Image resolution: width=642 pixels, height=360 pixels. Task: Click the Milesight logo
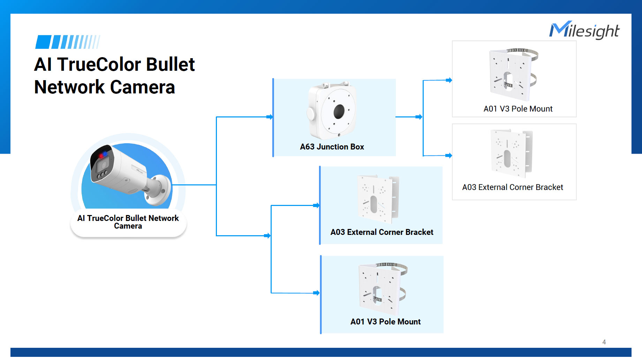click(584, 30)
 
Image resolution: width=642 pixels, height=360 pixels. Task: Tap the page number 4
click(604, 342)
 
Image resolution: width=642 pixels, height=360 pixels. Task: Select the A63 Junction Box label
click(332, 147)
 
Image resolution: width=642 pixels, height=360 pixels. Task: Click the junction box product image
click(332, 110)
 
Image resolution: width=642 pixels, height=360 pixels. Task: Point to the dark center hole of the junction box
click(339, 112)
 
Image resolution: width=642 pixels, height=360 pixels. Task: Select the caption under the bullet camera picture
click(128, 222)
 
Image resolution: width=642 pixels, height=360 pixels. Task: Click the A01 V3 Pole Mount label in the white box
click(518, 109)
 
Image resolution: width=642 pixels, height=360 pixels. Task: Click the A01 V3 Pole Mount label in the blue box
click(385, 322)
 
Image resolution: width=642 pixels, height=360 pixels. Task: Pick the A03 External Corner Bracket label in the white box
click(513, 187)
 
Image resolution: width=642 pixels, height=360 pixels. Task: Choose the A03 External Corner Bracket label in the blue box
click(382, 232)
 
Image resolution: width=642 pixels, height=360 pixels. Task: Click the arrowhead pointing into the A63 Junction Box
click(270, 117)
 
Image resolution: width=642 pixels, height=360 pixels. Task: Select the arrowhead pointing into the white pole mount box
click(449, 80)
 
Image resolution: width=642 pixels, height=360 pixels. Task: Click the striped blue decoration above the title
click(68, 42)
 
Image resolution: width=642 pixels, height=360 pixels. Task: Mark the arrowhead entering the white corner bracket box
click(449, 155)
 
